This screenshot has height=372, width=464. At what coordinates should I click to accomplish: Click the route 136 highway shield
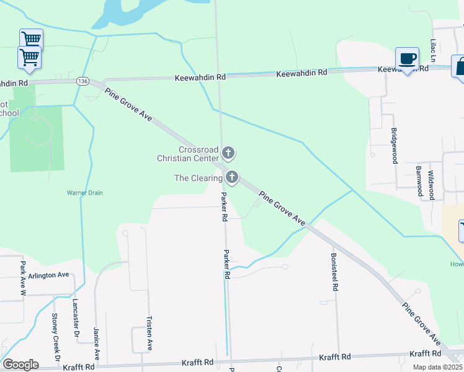click(83, 81)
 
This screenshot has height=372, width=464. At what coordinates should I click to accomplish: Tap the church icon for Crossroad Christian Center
click(228, 153)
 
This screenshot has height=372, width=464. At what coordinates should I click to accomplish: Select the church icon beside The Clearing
click(232, 178)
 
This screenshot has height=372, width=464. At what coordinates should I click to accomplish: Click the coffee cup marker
click(407, 59)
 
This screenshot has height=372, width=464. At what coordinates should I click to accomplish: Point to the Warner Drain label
click(85, 193)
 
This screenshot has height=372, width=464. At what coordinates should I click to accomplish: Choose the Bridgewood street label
click(394, 146)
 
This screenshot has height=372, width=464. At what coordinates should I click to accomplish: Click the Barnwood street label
click(419, 181)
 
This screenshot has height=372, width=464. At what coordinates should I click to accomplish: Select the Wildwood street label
click(431, 185)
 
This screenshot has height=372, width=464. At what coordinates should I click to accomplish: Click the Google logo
click(20, 365)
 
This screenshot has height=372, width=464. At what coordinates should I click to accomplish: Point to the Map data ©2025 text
click(438, 367)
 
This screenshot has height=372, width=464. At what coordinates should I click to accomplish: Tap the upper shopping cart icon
click(31, 38)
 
